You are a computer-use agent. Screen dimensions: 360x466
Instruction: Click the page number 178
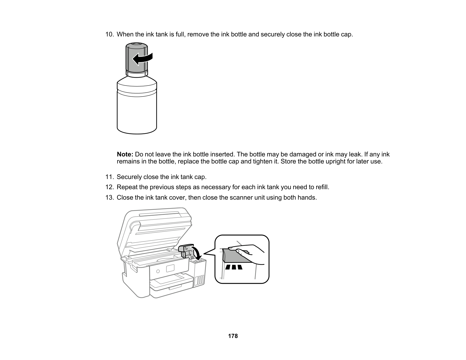pyautogui.click(x=233, y=336)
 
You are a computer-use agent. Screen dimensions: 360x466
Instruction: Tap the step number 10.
pyautogui.click(x=110, y=34)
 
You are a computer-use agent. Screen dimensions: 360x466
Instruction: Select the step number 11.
pyautogui.click(x=110, y=177)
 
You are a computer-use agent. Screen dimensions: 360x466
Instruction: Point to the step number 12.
pyautogui.click(x=110, y=187)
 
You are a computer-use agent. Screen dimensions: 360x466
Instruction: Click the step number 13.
pyautogui.click(x=110, y=197)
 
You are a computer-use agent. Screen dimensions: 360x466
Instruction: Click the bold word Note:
pyautogui.click(x=125, y=154)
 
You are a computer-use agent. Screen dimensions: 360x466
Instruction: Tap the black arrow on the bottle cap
pyautogui.click(x=142, y=59)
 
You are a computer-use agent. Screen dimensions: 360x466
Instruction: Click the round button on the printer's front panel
pyautogui.click(x=158, y=271)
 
